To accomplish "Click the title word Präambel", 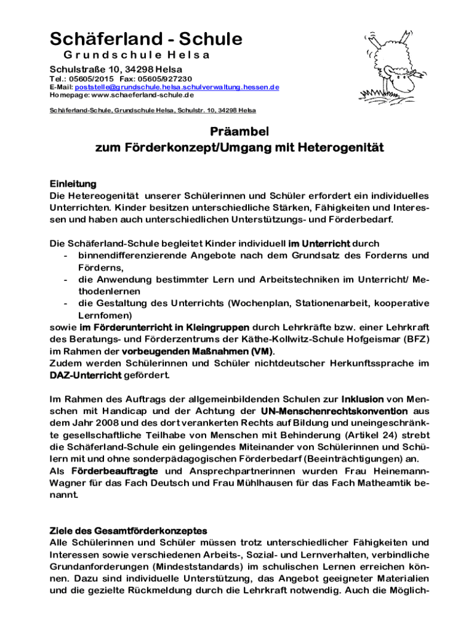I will pos(237,131).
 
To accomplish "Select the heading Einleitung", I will pos(73,184).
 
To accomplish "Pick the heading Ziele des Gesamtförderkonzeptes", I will pos(128,531).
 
